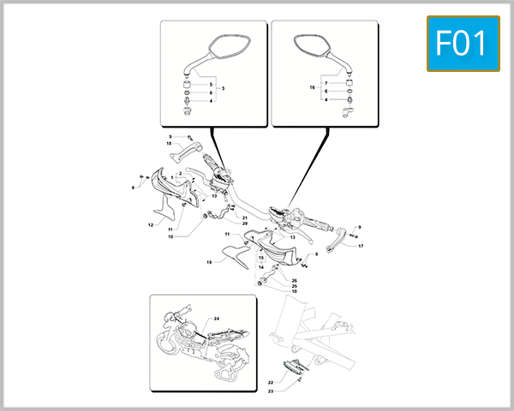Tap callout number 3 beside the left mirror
[223, 89]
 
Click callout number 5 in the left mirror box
[211, 85]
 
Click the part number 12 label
[150, 225]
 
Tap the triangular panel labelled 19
[231, 253]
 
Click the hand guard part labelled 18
[190, 157]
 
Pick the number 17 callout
[361, 246]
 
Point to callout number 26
[294, 280]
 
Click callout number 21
[244, 217]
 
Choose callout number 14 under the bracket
[261, 267]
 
